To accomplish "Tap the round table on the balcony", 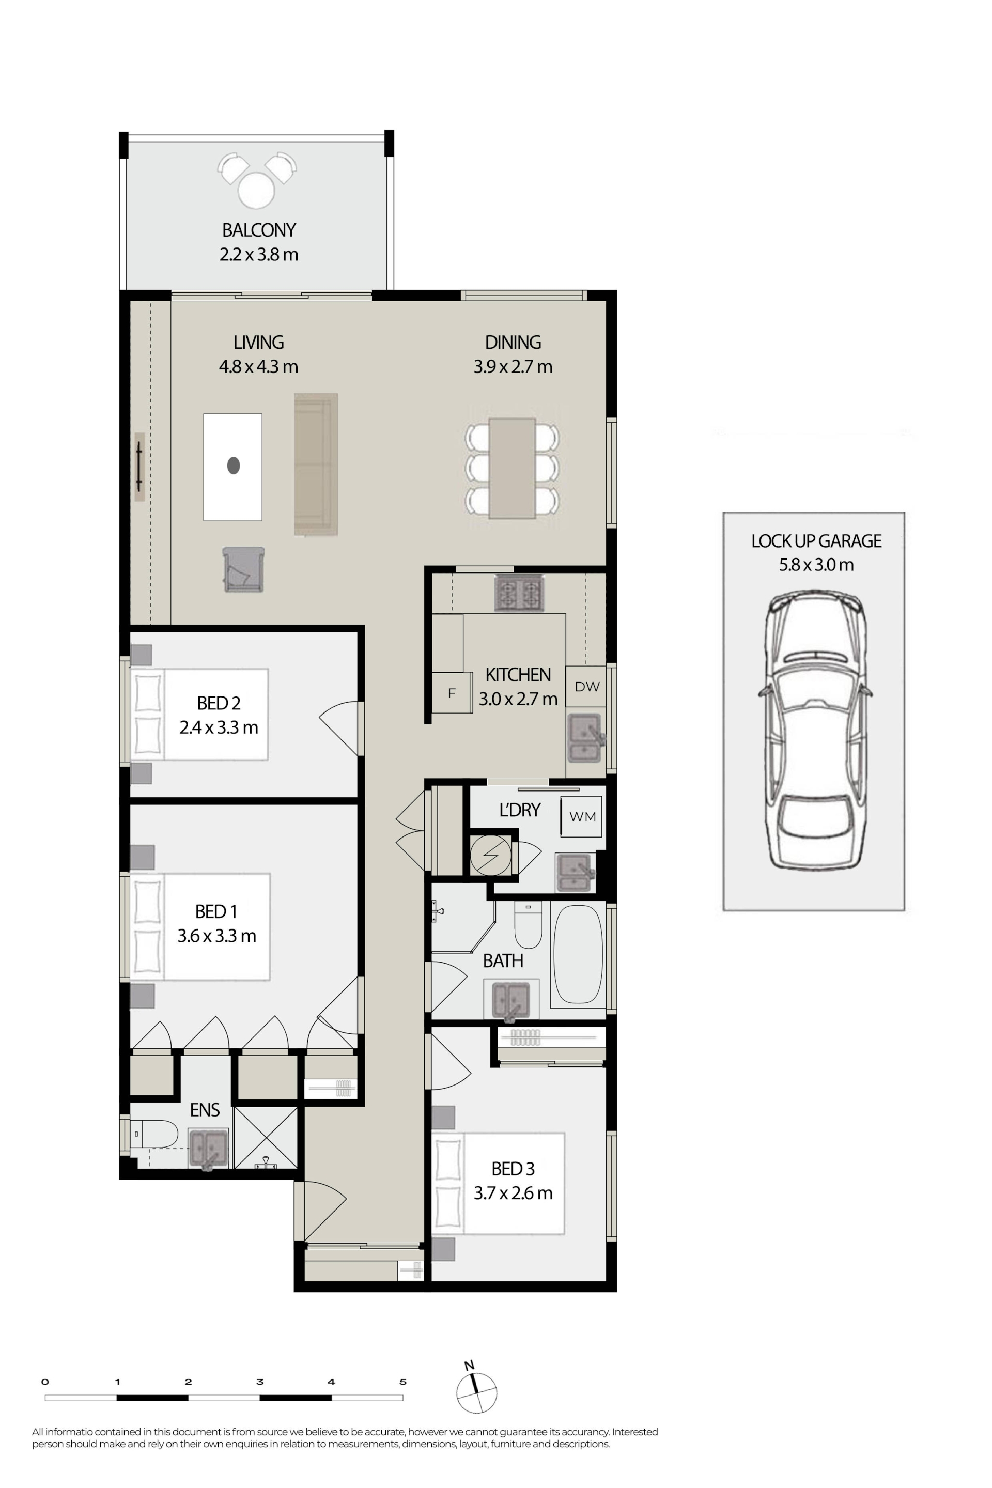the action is pyautogui.click(x=256, y=191).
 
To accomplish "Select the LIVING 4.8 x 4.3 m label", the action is pyautogui.click(x=258, y=354).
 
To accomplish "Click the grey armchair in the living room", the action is pyautogui.click(x=243, y=569).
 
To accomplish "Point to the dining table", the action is pyautogui.click(x=512, y=467).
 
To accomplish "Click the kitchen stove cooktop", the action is pyautogui.click(x=519, y=594).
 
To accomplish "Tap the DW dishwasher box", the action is pyautogui.click(x=586, y=687).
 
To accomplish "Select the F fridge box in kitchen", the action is pyautogui.click(x=452, y=693).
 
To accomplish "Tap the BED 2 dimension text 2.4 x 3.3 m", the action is pyautogui.click(x=219, y=727).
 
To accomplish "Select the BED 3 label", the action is pyautogui.click(x=513, y=1169).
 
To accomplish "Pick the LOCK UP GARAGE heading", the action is pyautogui.click(x=816, y=541).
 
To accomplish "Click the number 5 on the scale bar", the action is pyautogui.click(x=402, y=1382).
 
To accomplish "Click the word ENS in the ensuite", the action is pyautogui.click(x=205, y=1110).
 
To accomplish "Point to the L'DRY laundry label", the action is pyautogui.click(x=520, y=810).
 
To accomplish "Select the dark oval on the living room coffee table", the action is pyautogui.click(x=234, y=466).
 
